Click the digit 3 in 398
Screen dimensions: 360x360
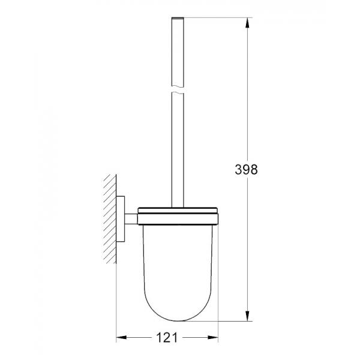click(x=236, y=170)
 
